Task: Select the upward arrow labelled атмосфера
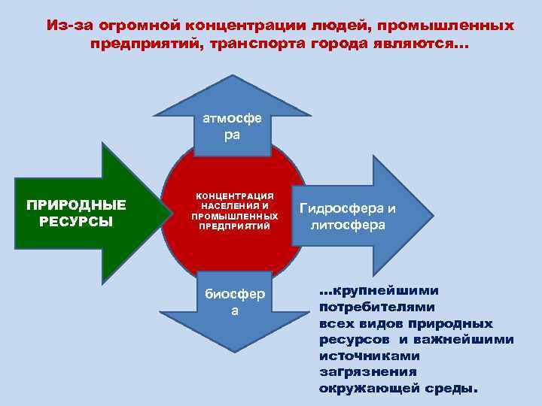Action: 232,120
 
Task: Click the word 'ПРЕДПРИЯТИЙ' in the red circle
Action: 234,225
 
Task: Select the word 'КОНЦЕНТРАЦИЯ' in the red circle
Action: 234,195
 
